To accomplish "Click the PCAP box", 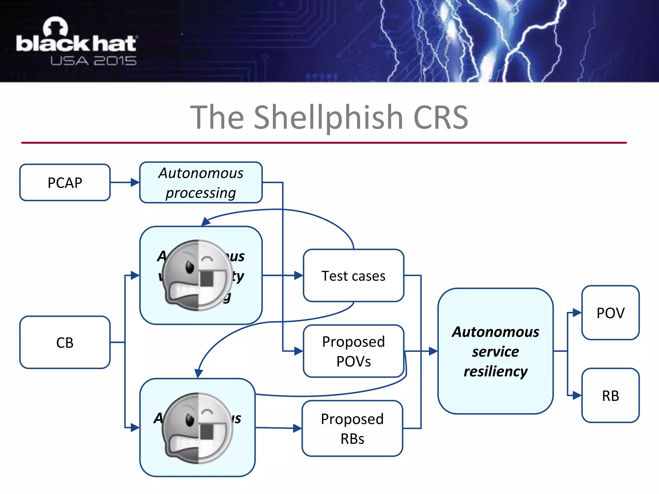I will click(65, 183).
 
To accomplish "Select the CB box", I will click(65, 342).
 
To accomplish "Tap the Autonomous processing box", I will click(201, 183).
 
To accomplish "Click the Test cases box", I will click(353, 276).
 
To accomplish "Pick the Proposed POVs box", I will click(353, 351).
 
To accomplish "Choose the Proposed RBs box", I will click(352, 428).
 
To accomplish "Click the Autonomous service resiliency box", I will click(495, 351).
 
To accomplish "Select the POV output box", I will click(610, 313).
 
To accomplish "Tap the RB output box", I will click(610, 396).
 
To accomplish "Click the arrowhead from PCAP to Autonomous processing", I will click(135, 183).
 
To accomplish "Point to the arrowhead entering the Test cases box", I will click(299, 276).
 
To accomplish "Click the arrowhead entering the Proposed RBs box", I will click(298, 428).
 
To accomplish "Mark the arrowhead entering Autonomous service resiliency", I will click(433, 351).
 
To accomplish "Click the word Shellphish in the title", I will click(328, 117).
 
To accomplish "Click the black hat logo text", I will click(76, 43).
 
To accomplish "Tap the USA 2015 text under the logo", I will click(93, 61).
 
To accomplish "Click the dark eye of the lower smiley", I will click(190, 420).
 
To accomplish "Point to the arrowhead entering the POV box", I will click(577, 313).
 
